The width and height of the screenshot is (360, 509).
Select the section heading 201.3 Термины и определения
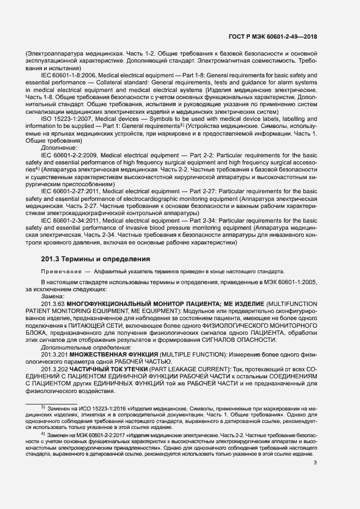pyautogui.click(x=95, y=259)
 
